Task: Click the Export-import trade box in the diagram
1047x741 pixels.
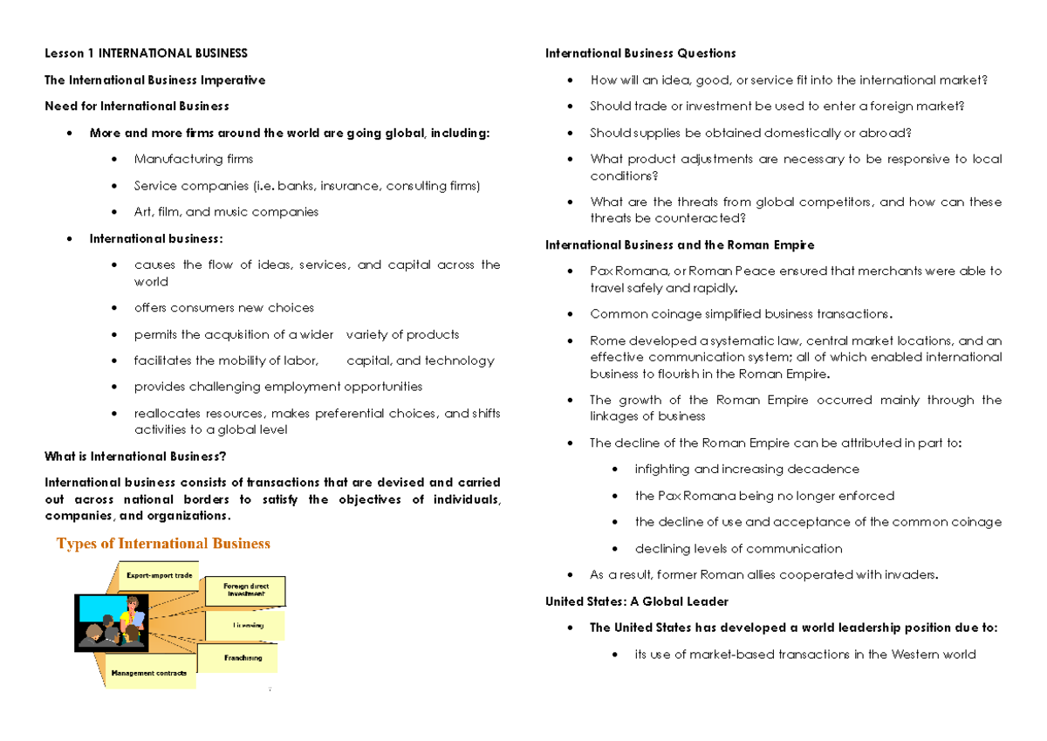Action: click(159, 576)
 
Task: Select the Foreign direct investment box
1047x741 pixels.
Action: click(245, 590)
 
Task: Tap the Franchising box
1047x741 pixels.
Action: click(242, 657)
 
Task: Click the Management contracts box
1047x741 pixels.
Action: click(148, 673)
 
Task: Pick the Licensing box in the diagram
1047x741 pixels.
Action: click(247, 625)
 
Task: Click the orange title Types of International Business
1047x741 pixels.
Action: click(163, 544)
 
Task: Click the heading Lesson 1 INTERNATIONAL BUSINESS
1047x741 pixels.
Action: click(146, 53)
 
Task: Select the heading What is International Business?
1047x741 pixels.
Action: click(135, 456)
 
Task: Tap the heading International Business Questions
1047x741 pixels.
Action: click(640, 53)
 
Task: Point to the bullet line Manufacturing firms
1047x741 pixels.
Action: click(194, 159)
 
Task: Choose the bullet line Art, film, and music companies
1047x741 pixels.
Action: click(226, 211)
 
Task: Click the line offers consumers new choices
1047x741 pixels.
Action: click(223, 307)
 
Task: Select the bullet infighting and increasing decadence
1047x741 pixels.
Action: click(747, 469)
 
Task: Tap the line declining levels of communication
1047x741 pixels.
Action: click(738, 548)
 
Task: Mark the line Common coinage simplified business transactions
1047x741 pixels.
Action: click(742, 313)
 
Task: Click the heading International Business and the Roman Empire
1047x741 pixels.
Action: click(680, 244)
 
